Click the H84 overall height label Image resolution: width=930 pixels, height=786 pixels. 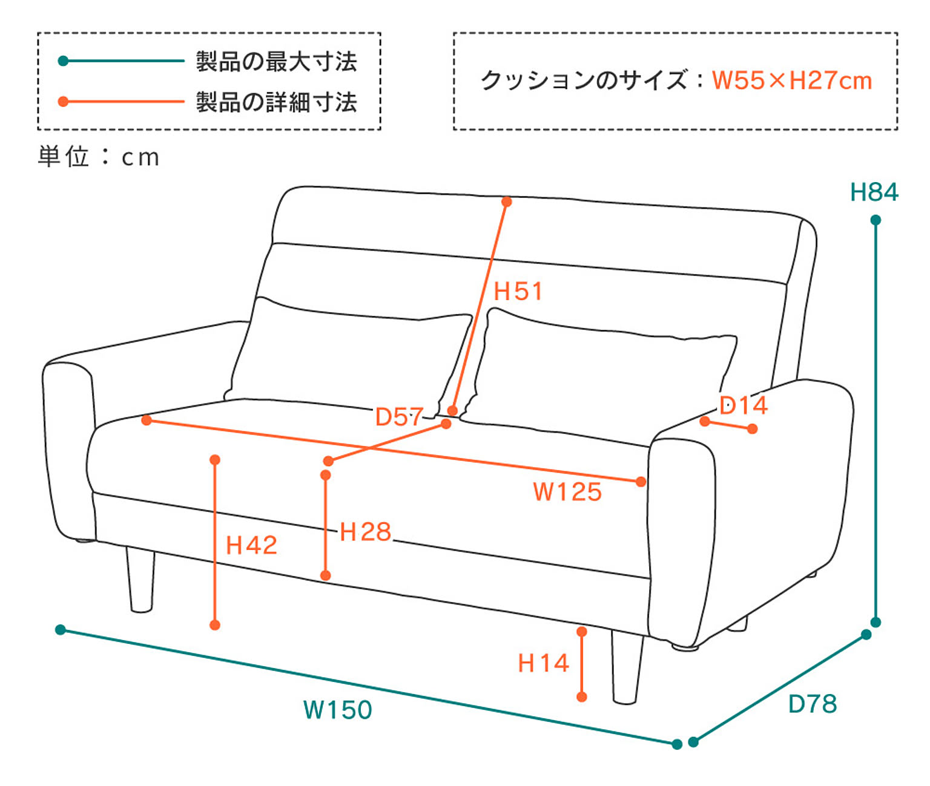(874, 192)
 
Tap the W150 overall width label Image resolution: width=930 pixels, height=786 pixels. (338, 710)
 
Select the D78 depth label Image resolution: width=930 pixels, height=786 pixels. (813, 704)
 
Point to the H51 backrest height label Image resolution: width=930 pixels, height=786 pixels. (518, 292)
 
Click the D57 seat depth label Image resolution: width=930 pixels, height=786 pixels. (399, 416)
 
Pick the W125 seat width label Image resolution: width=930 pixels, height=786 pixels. (567, 492)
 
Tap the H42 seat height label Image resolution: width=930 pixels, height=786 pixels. (251, 546)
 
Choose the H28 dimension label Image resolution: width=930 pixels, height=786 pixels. (365, 532)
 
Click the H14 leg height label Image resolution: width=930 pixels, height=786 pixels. (543, 663)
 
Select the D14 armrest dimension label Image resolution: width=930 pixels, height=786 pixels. (744, 405)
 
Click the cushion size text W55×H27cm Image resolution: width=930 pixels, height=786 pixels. (791, 80)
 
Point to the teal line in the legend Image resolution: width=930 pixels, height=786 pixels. (121, 61)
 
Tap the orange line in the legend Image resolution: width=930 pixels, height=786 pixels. (121, 102)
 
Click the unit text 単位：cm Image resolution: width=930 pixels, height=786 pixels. (99, 157)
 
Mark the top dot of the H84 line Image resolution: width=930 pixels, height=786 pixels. (876, 220)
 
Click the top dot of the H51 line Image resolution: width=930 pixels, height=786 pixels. (507, 201)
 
